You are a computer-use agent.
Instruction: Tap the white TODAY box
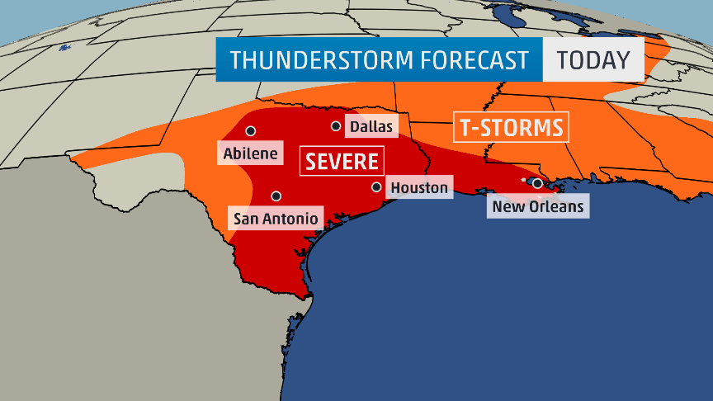[593, 60]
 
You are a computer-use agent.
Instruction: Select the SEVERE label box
[342, 161]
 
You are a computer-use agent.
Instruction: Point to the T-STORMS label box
[510, 128]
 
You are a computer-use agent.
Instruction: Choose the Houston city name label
[418, 188]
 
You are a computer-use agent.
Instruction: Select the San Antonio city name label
[275, 219]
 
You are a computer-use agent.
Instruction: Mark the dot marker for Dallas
[336, 126]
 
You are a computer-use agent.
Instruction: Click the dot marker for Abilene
[250, 130]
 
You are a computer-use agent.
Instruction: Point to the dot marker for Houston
[376, 187]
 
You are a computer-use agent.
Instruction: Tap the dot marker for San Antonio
[276, 196]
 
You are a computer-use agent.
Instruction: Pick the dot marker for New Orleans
[537, 183]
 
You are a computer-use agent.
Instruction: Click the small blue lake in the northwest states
[64, 48]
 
